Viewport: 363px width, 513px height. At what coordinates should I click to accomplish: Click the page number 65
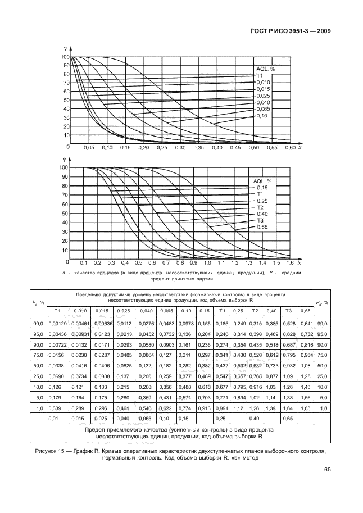pos(324,471)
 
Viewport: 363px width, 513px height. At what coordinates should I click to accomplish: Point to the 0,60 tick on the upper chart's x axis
pos(289,148)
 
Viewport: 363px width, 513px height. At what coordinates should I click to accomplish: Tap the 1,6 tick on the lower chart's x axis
pos(290,263)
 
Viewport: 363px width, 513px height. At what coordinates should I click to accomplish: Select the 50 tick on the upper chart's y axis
pos(66,100)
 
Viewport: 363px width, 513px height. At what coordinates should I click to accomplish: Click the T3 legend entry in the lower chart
pos(260,220)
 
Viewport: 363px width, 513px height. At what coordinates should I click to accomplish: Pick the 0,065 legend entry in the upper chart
pos(262,108)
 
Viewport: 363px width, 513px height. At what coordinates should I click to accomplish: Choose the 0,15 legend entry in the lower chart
pos(262,187)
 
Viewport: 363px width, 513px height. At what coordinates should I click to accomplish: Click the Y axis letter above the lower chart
pos(63,160)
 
